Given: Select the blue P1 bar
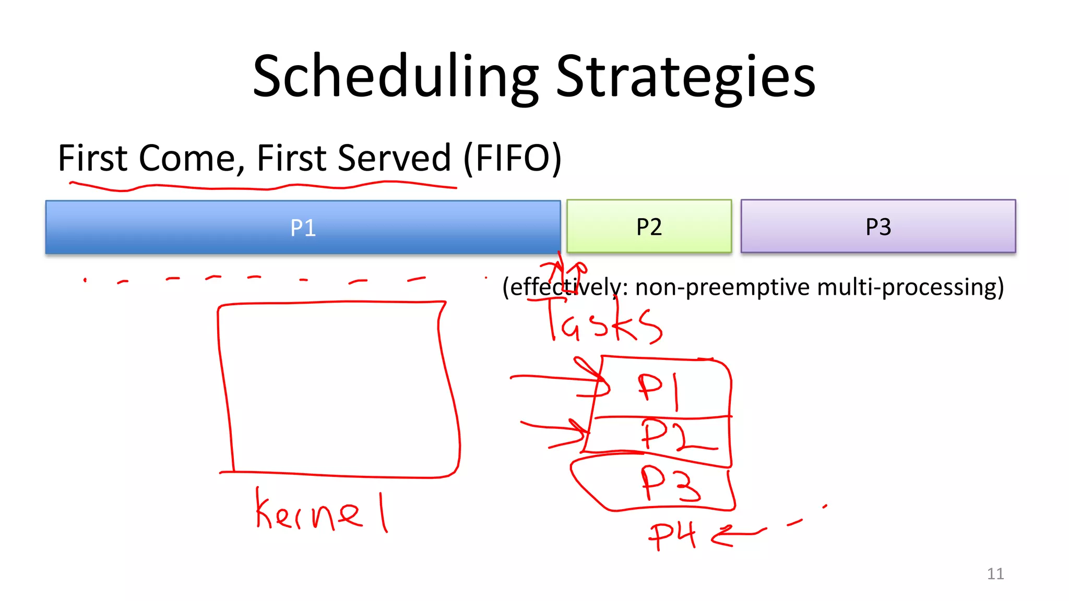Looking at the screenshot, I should point(303,227).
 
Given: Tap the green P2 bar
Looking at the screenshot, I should point(649,226).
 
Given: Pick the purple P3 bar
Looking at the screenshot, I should point(878,226).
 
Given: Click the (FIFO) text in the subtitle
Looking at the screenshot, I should point(512,158).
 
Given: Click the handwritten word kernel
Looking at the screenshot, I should point(320,511).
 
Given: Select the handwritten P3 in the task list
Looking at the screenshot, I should point(670,484).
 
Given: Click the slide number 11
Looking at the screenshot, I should point(995,574).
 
